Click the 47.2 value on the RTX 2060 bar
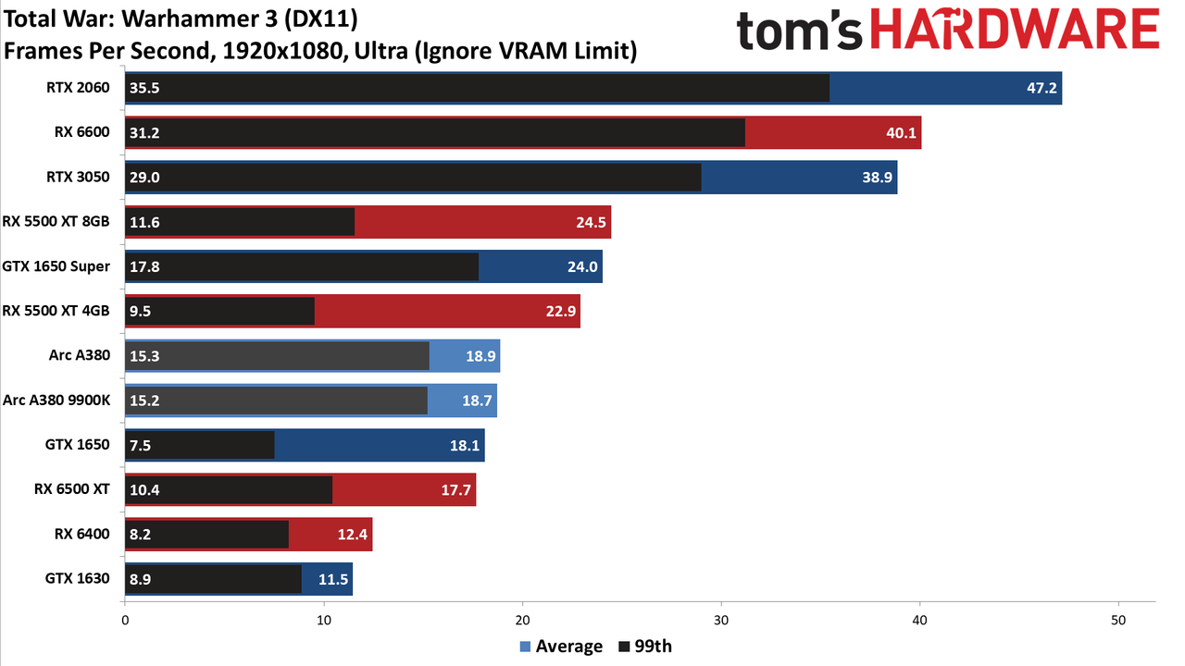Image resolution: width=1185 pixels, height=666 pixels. click(1042, 88)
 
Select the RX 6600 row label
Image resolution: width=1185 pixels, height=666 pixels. click(82, 131)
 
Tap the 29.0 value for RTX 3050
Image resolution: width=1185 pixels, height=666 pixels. click(144, 177)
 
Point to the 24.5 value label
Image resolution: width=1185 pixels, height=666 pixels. click(591, 222)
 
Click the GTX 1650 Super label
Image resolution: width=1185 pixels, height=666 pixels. click(56, 265)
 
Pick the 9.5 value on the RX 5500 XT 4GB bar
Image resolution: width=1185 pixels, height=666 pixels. click(140, 311)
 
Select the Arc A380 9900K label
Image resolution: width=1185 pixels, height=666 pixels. click(56, 401)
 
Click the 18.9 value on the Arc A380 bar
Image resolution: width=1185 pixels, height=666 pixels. click(480, 356)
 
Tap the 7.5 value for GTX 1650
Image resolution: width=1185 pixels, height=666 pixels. click(140, 445)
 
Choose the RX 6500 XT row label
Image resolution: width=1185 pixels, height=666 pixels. click(72, 489)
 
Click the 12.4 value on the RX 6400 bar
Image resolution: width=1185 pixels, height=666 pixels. click(353, 535)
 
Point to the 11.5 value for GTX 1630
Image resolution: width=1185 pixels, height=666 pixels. click(333, 579)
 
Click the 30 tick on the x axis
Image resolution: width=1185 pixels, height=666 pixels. click(721, 621)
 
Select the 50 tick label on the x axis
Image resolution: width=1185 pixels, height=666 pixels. click(1118, 621)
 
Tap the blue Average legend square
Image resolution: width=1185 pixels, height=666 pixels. click(525, 647)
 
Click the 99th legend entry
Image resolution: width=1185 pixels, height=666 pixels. click(645, 647)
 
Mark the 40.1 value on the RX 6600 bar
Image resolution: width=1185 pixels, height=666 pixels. click(901, 132)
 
